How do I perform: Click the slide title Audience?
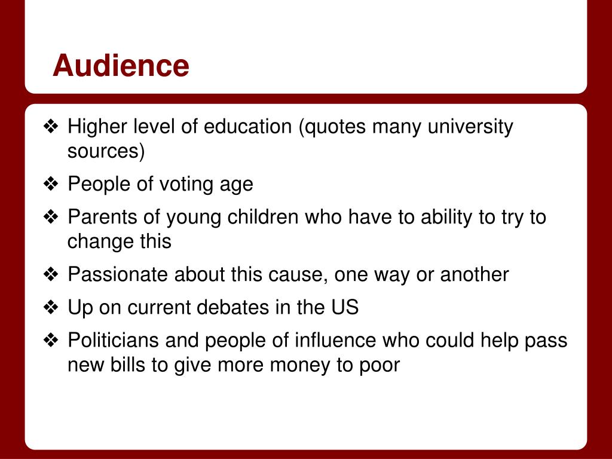tap(121, 66)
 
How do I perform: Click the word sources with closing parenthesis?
tap(106, 152)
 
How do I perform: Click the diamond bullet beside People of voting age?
tap(51, 185)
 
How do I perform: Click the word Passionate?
tap(118, 275)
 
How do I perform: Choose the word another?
tap(475, 275)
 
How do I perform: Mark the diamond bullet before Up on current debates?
tap(51, 308)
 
